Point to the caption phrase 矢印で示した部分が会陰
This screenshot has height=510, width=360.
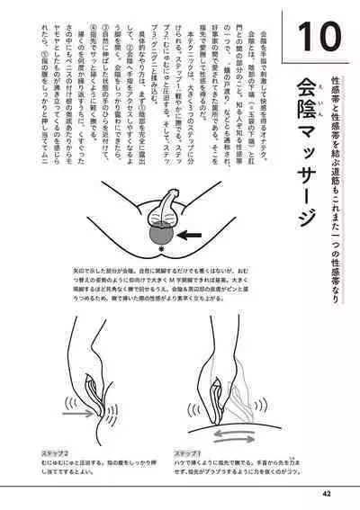[90, 269]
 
